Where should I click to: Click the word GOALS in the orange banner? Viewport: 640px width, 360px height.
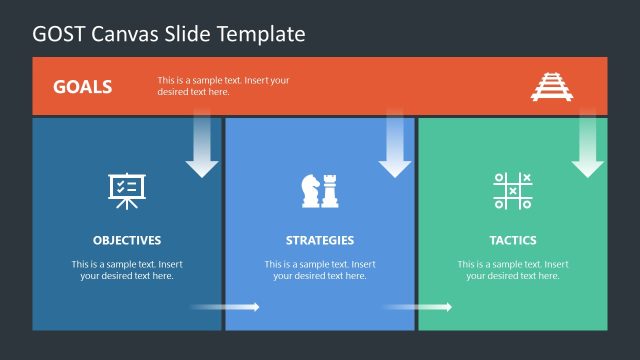(82, 86)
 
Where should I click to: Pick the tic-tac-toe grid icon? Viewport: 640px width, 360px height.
(513, 190)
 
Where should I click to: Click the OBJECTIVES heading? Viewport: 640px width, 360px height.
(127, 240)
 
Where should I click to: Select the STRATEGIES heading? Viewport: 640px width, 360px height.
(320, 240)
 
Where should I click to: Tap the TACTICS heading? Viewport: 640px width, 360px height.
(513, 240)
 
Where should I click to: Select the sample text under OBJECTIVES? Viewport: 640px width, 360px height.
(127, 270)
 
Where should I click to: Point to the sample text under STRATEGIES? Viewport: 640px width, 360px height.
(320, 270)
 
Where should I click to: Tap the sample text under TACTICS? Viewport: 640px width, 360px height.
(513, 270)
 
